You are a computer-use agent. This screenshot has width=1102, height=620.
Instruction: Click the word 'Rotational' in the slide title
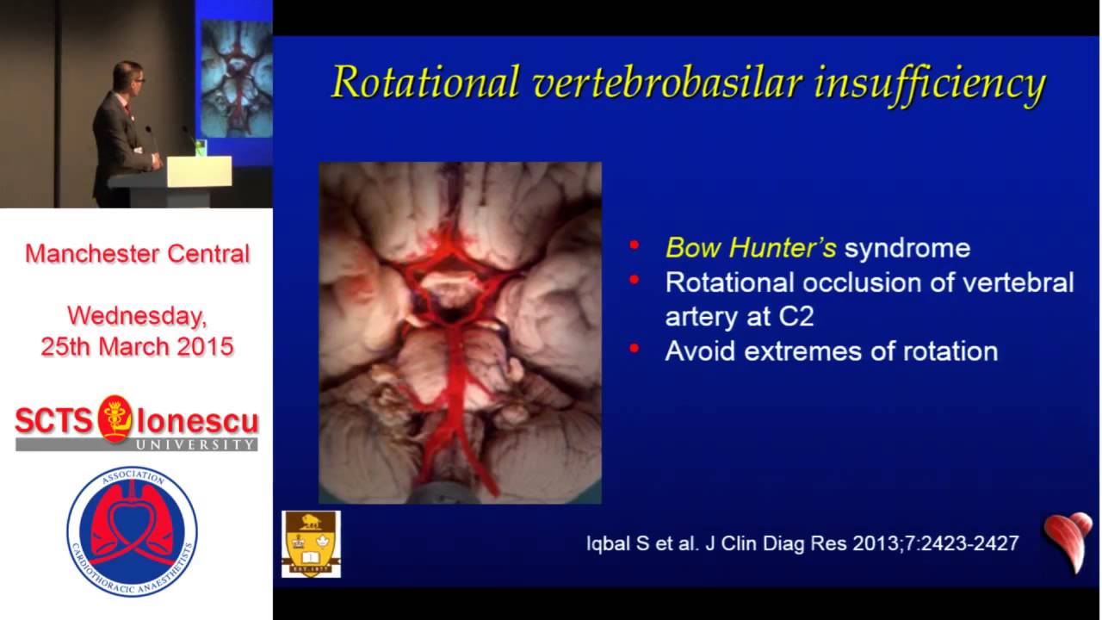(424, 82)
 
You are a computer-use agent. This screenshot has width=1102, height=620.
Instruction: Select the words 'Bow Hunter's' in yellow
(751, 248)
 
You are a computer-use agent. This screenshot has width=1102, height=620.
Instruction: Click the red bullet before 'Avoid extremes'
(635, 349)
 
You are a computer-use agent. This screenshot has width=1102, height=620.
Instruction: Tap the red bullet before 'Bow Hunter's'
(635, 246)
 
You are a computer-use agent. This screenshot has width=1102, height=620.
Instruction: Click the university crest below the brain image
(311, 543)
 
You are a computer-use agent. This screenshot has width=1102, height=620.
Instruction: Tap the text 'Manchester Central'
(137, 254)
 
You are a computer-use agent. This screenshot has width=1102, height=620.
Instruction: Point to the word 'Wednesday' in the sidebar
(137, 316)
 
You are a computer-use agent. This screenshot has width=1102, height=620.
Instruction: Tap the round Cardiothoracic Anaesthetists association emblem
(132, 531)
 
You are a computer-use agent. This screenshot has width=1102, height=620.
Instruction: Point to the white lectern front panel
(199, 170)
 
